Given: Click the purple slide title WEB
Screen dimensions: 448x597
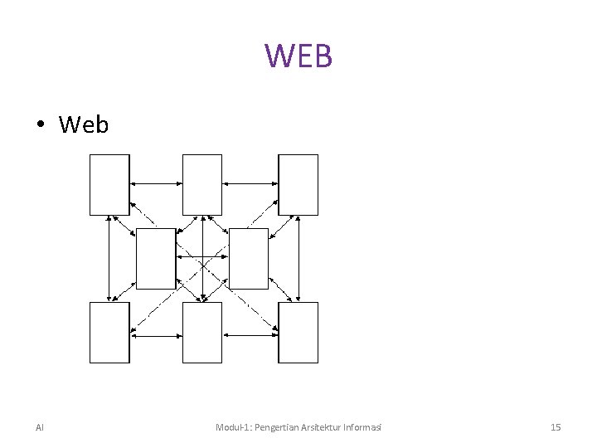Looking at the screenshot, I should (x=298, y=56).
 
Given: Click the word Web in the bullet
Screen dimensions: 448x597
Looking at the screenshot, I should (x=84, y=124).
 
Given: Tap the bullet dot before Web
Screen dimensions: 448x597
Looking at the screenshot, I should (x=40, y=125).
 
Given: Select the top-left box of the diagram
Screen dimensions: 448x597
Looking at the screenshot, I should (x=109, y=184).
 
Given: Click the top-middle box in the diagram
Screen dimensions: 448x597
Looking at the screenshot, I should (x=202, y=184).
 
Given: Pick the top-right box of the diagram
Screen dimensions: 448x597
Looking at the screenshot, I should (x=298, y=184).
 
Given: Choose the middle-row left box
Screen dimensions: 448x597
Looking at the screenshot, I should (x=156, y=258).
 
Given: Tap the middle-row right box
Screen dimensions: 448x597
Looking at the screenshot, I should (x=249, y=258).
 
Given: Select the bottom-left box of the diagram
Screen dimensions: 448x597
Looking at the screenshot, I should (x=109, y=332).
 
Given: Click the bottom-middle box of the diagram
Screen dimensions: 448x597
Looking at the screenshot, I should (x=202, y=332).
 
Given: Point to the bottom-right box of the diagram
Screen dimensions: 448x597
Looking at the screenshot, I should (x=298, y=332).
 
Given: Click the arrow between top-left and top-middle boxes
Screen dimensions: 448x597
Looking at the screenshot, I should (x=156, y=183).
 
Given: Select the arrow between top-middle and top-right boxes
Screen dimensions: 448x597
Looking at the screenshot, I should (x=250, y=183).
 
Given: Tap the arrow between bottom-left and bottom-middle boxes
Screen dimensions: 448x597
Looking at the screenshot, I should (x=156, y=335).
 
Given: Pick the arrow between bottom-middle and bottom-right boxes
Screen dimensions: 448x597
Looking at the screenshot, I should (x=250, y=335).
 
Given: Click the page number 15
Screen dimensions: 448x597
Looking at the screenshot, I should (x=556, y=427).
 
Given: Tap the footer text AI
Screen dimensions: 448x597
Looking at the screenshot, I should (x=40, y=427).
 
